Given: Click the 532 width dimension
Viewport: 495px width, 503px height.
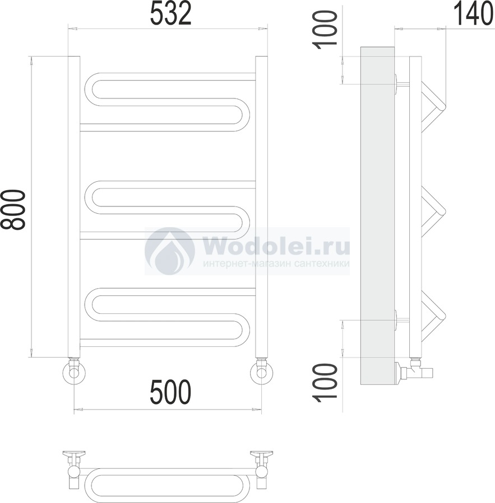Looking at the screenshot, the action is coord(170,13).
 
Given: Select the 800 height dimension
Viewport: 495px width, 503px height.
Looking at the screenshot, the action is coord(13,210).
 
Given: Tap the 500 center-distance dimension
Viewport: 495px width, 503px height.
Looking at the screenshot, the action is coord(170,392).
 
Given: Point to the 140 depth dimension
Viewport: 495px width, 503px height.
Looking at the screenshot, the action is coord(473,14).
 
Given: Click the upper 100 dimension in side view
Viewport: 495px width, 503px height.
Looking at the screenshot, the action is coord(326,30).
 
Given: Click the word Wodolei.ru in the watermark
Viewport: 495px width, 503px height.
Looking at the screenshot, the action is coord(276,247).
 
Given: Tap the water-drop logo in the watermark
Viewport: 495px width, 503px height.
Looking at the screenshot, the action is coord(169,252).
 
